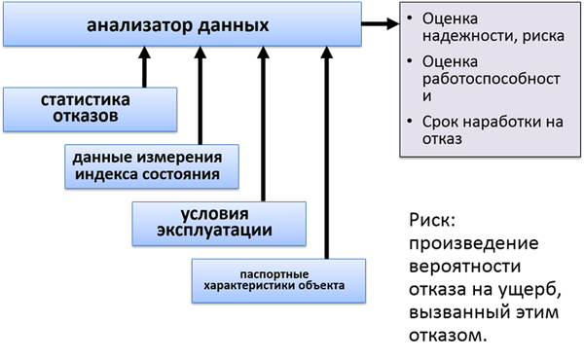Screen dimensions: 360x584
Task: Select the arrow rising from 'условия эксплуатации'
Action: click(x=263, y=124)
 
